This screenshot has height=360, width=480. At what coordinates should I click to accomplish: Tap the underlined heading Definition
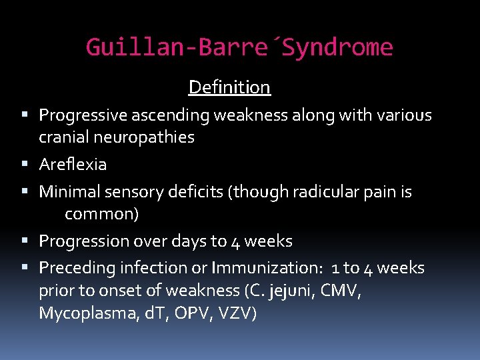pyautogui.click(x=229, y=87)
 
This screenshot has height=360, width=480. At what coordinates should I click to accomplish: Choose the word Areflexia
pyautogui.click(x=73, y=164)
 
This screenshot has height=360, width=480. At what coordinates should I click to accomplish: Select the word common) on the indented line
pyautogui.click(x=101, y=215)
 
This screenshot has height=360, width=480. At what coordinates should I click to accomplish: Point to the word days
pyautogui.click(x=191, y=241)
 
